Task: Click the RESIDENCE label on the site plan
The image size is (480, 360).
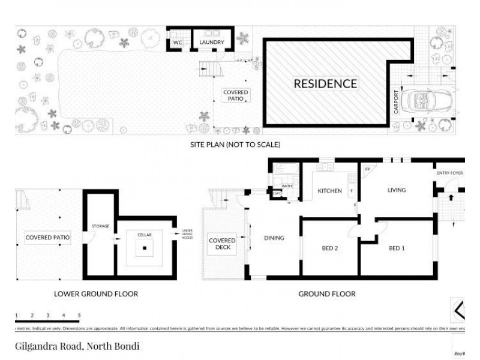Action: (x=325, y=84)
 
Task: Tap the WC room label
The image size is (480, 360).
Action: (x=178, y=43)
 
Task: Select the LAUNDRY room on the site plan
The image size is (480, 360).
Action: (x=212, y=43)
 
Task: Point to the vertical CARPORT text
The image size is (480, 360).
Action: (x=396, y=103)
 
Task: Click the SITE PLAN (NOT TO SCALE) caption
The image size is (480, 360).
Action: (x=235, y=145)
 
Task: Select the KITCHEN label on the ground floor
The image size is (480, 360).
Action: (x=329, y=191)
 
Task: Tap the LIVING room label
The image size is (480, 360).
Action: (x=397, y=190)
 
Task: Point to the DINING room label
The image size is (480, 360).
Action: (x=274, y=238)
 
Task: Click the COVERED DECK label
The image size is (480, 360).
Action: (x=223, y=244)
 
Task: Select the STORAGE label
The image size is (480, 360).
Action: (x=100, y=226)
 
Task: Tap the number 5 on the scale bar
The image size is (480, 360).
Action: (x=79, y=315)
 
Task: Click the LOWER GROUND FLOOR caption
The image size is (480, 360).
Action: (x=96, y=294)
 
